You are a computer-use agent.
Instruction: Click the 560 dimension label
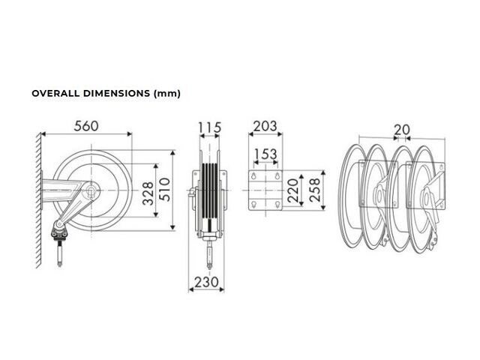(x=86, y=126)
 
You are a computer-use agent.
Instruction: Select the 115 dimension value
(x=210, y=127)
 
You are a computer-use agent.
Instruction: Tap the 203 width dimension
(x=265, y=126)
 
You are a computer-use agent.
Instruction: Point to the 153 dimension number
(x=265, y=154)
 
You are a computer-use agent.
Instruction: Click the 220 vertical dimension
(x=293, y=190)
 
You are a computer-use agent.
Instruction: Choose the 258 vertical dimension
(x=315, y=190)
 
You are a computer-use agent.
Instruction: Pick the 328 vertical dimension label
(x=148, y=193)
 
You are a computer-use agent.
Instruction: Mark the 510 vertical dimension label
(x=165, y=190)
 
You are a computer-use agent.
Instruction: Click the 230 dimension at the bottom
(x=207, y=282)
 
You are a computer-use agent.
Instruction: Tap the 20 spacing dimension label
(x=402, y=130)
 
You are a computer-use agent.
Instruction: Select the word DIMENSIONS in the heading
(x=117, y=93)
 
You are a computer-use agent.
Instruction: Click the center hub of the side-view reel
(x=91, y=190)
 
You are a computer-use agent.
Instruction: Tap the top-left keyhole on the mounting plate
(x=253, y=176)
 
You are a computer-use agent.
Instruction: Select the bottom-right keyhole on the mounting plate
(x=277, y=204)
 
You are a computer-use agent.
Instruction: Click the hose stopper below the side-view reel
(x=59, y=229)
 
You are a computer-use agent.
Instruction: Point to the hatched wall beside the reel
(x=38, y=200)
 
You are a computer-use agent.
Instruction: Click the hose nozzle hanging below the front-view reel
(x=210, y=255)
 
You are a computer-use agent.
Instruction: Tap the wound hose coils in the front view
(x=210, y=192)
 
